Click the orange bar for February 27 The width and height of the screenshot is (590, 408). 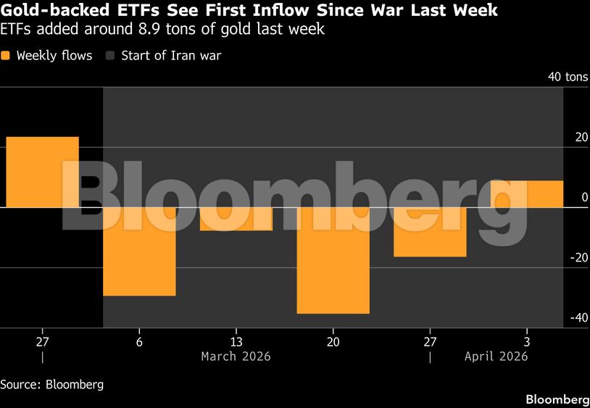tap(42, 172)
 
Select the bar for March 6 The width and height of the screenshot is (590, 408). tap(139, 251)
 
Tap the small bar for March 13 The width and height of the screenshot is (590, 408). tap(236, 219)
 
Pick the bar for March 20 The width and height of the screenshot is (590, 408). tap(333, 260)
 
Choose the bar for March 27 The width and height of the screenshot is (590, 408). tap(430, 232)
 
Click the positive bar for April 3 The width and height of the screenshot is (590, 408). tap(527, 193)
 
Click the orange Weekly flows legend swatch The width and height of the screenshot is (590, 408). tap(6, 56)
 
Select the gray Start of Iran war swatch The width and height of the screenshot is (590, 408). tap(111, 56)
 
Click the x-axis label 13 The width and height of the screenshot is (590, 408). tap(236, 341)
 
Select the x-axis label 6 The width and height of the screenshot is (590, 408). tap(139, 341)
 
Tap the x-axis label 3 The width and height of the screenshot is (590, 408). tap(526, 341)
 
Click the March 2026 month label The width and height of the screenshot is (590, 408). tap(236, 356)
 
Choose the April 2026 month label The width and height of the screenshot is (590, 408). tap(496, 356)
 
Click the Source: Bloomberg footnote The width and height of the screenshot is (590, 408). tap(51, 384)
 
